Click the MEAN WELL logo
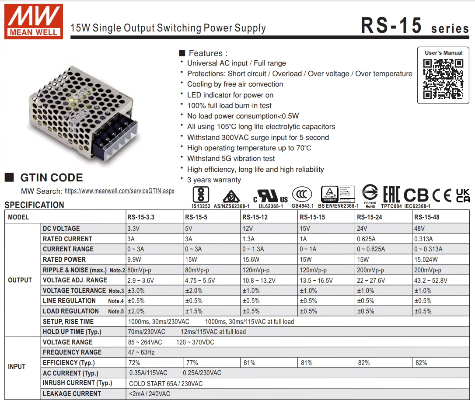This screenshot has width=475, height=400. pos(34,21)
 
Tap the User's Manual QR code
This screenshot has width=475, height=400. pos(443,79)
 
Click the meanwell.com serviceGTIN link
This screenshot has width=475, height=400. pos(119,191)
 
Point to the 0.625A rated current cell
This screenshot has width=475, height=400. pos(366,239)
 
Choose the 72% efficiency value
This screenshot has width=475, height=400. pos(134,362)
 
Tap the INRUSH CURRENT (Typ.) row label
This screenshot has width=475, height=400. pos(77,383)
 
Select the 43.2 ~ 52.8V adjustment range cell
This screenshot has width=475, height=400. pos(431,280)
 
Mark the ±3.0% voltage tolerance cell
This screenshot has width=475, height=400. pos(136,290)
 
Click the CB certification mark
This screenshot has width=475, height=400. pos(416,195)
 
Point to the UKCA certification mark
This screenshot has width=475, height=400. pos(463,195)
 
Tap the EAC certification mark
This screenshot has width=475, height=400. pos(391,195)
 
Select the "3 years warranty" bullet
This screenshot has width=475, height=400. pos(214,180)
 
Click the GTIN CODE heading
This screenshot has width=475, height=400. pos(51,177)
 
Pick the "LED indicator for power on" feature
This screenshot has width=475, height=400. pos(230,95)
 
